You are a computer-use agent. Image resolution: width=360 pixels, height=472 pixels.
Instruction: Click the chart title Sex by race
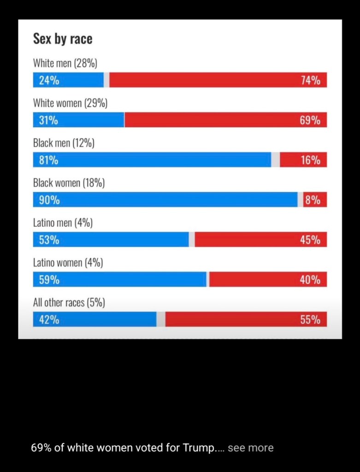click(63, 39)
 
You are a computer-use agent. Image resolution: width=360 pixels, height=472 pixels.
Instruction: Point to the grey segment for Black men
click(275, 160)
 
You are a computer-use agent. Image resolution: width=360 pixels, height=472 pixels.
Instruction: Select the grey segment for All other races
click(161, 319)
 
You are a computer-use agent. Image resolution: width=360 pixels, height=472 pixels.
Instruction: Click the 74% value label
click(310, 81)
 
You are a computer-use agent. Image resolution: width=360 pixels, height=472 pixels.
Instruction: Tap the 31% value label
click(48, 120)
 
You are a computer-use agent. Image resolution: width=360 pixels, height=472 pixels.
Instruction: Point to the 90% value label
click(49, 200)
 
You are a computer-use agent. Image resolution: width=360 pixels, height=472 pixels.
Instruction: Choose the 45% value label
click(310, 240)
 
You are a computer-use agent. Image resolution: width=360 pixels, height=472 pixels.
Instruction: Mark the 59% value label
click(49, 280)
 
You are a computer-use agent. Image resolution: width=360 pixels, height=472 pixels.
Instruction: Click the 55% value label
click(310, 319)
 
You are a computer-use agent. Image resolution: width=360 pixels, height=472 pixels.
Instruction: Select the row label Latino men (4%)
click(63, 223)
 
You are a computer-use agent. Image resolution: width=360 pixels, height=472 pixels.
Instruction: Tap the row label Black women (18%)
click(69, 183)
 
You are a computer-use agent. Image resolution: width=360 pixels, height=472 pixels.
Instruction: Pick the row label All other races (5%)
click(69, 303)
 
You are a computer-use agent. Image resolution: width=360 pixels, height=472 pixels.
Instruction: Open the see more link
click(250, 448)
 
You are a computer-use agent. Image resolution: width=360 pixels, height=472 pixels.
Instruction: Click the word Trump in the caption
click(199, 448)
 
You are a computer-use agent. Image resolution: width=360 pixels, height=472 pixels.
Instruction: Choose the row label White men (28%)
click(65, 64)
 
